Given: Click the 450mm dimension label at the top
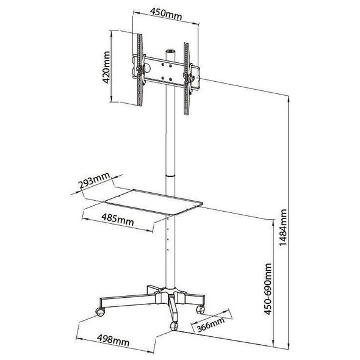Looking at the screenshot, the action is [166, 14].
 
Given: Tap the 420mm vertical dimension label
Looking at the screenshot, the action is [106, 67].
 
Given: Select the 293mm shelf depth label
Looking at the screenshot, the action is [94, 181].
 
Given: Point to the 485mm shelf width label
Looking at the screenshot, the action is [117, 220].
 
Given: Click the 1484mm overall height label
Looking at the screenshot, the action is [283, 228].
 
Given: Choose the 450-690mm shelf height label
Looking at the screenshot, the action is [268, 289].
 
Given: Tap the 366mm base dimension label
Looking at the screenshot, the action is [211, 325].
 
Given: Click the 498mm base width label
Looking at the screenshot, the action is [113, 340].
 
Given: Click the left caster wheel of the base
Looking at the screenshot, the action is [100, 312].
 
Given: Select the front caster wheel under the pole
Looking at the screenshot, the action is [174, 326].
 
